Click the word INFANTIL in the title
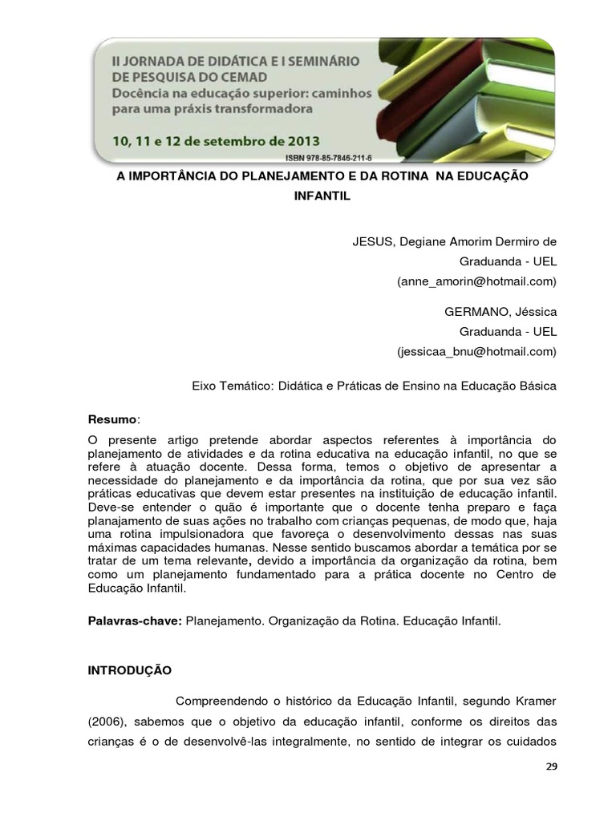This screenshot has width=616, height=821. point(321,195)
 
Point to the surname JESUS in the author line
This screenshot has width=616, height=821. point(371,241)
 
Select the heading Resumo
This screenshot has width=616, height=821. point(111,420)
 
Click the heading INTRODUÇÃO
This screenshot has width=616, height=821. point(129,669)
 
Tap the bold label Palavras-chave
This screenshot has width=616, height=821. point(135,621)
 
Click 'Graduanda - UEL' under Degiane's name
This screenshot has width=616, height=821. point(508,261)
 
